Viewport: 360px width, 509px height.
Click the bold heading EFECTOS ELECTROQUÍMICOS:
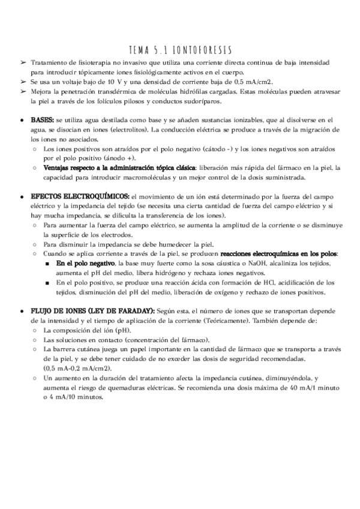pos(80,196)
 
